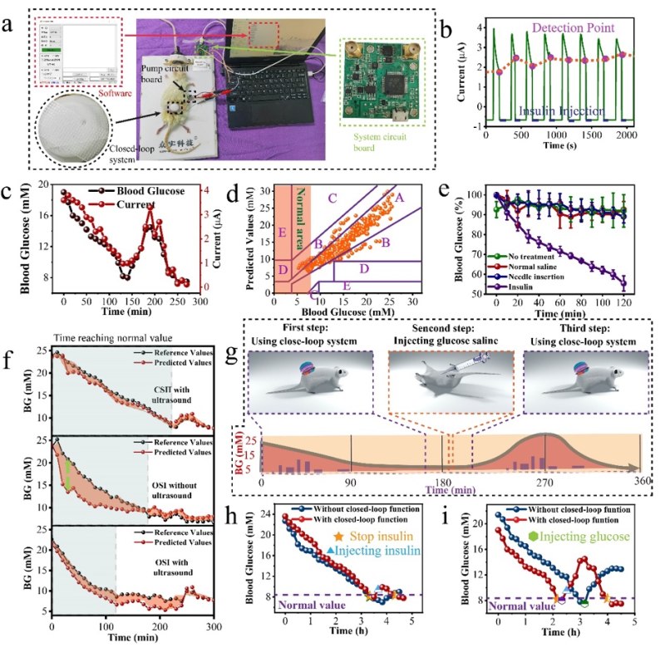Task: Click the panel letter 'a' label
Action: coord(11,25)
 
